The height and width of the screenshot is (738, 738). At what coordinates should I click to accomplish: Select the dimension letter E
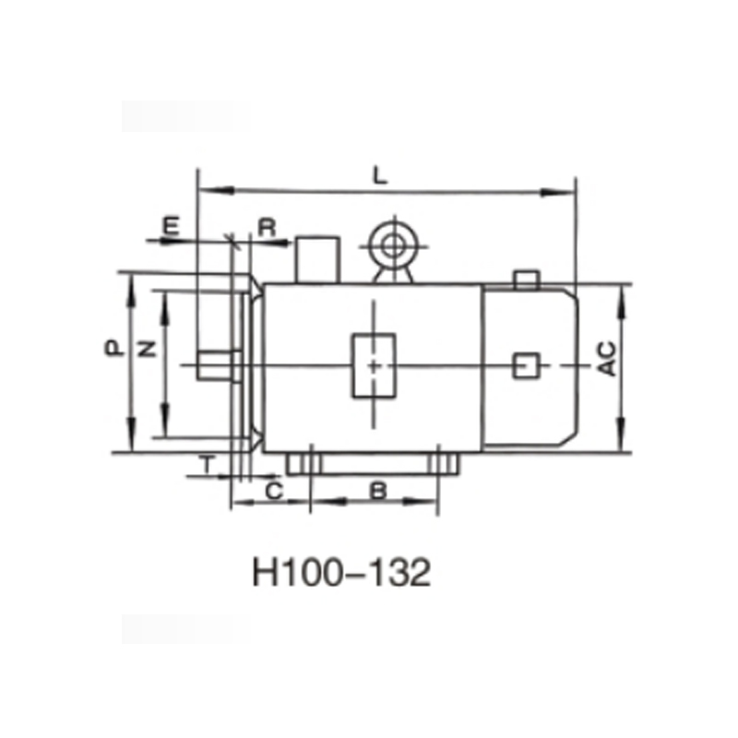[171, 224]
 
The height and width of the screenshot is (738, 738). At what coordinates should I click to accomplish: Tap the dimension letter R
[267, 226]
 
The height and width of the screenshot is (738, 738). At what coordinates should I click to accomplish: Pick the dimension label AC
[606, 359]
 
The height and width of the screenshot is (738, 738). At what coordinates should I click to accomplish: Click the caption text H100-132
[340, 574]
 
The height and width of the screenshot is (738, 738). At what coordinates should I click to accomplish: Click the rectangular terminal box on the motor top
[316, 259]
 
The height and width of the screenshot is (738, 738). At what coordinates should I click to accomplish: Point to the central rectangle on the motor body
[374, 366]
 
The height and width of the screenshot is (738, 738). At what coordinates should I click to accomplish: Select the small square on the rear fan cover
[526, 365]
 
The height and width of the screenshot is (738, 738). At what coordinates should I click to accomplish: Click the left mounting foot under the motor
[300, 462]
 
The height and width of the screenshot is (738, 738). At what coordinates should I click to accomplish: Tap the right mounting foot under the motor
[445, 462]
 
